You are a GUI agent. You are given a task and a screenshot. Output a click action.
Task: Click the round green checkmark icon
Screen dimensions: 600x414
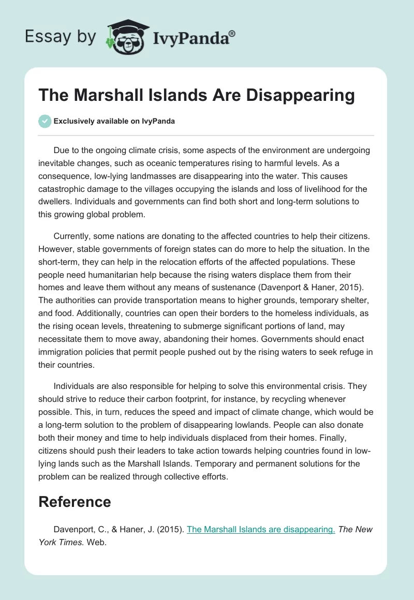pos(45,121)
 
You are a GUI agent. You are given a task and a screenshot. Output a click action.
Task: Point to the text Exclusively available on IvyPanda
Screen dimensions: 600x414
pos(115,121)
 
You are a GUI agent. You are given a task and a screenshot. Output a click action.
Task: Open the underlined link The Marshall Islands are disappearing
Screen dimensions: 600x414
pos(261,529)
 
